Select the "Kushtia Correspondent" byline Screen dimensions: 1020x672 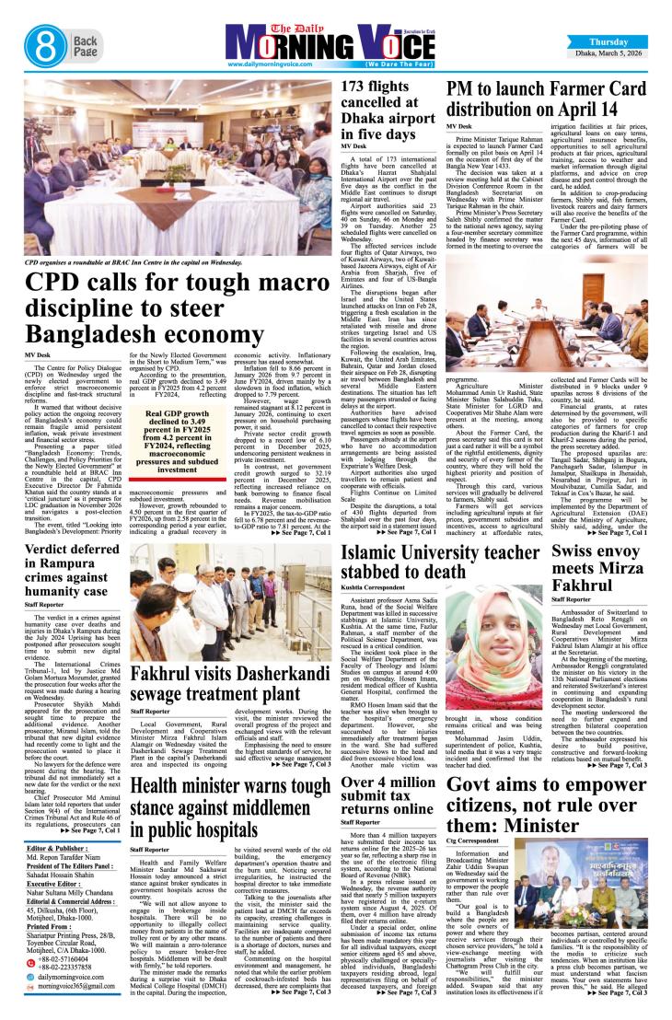(373, 588)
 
